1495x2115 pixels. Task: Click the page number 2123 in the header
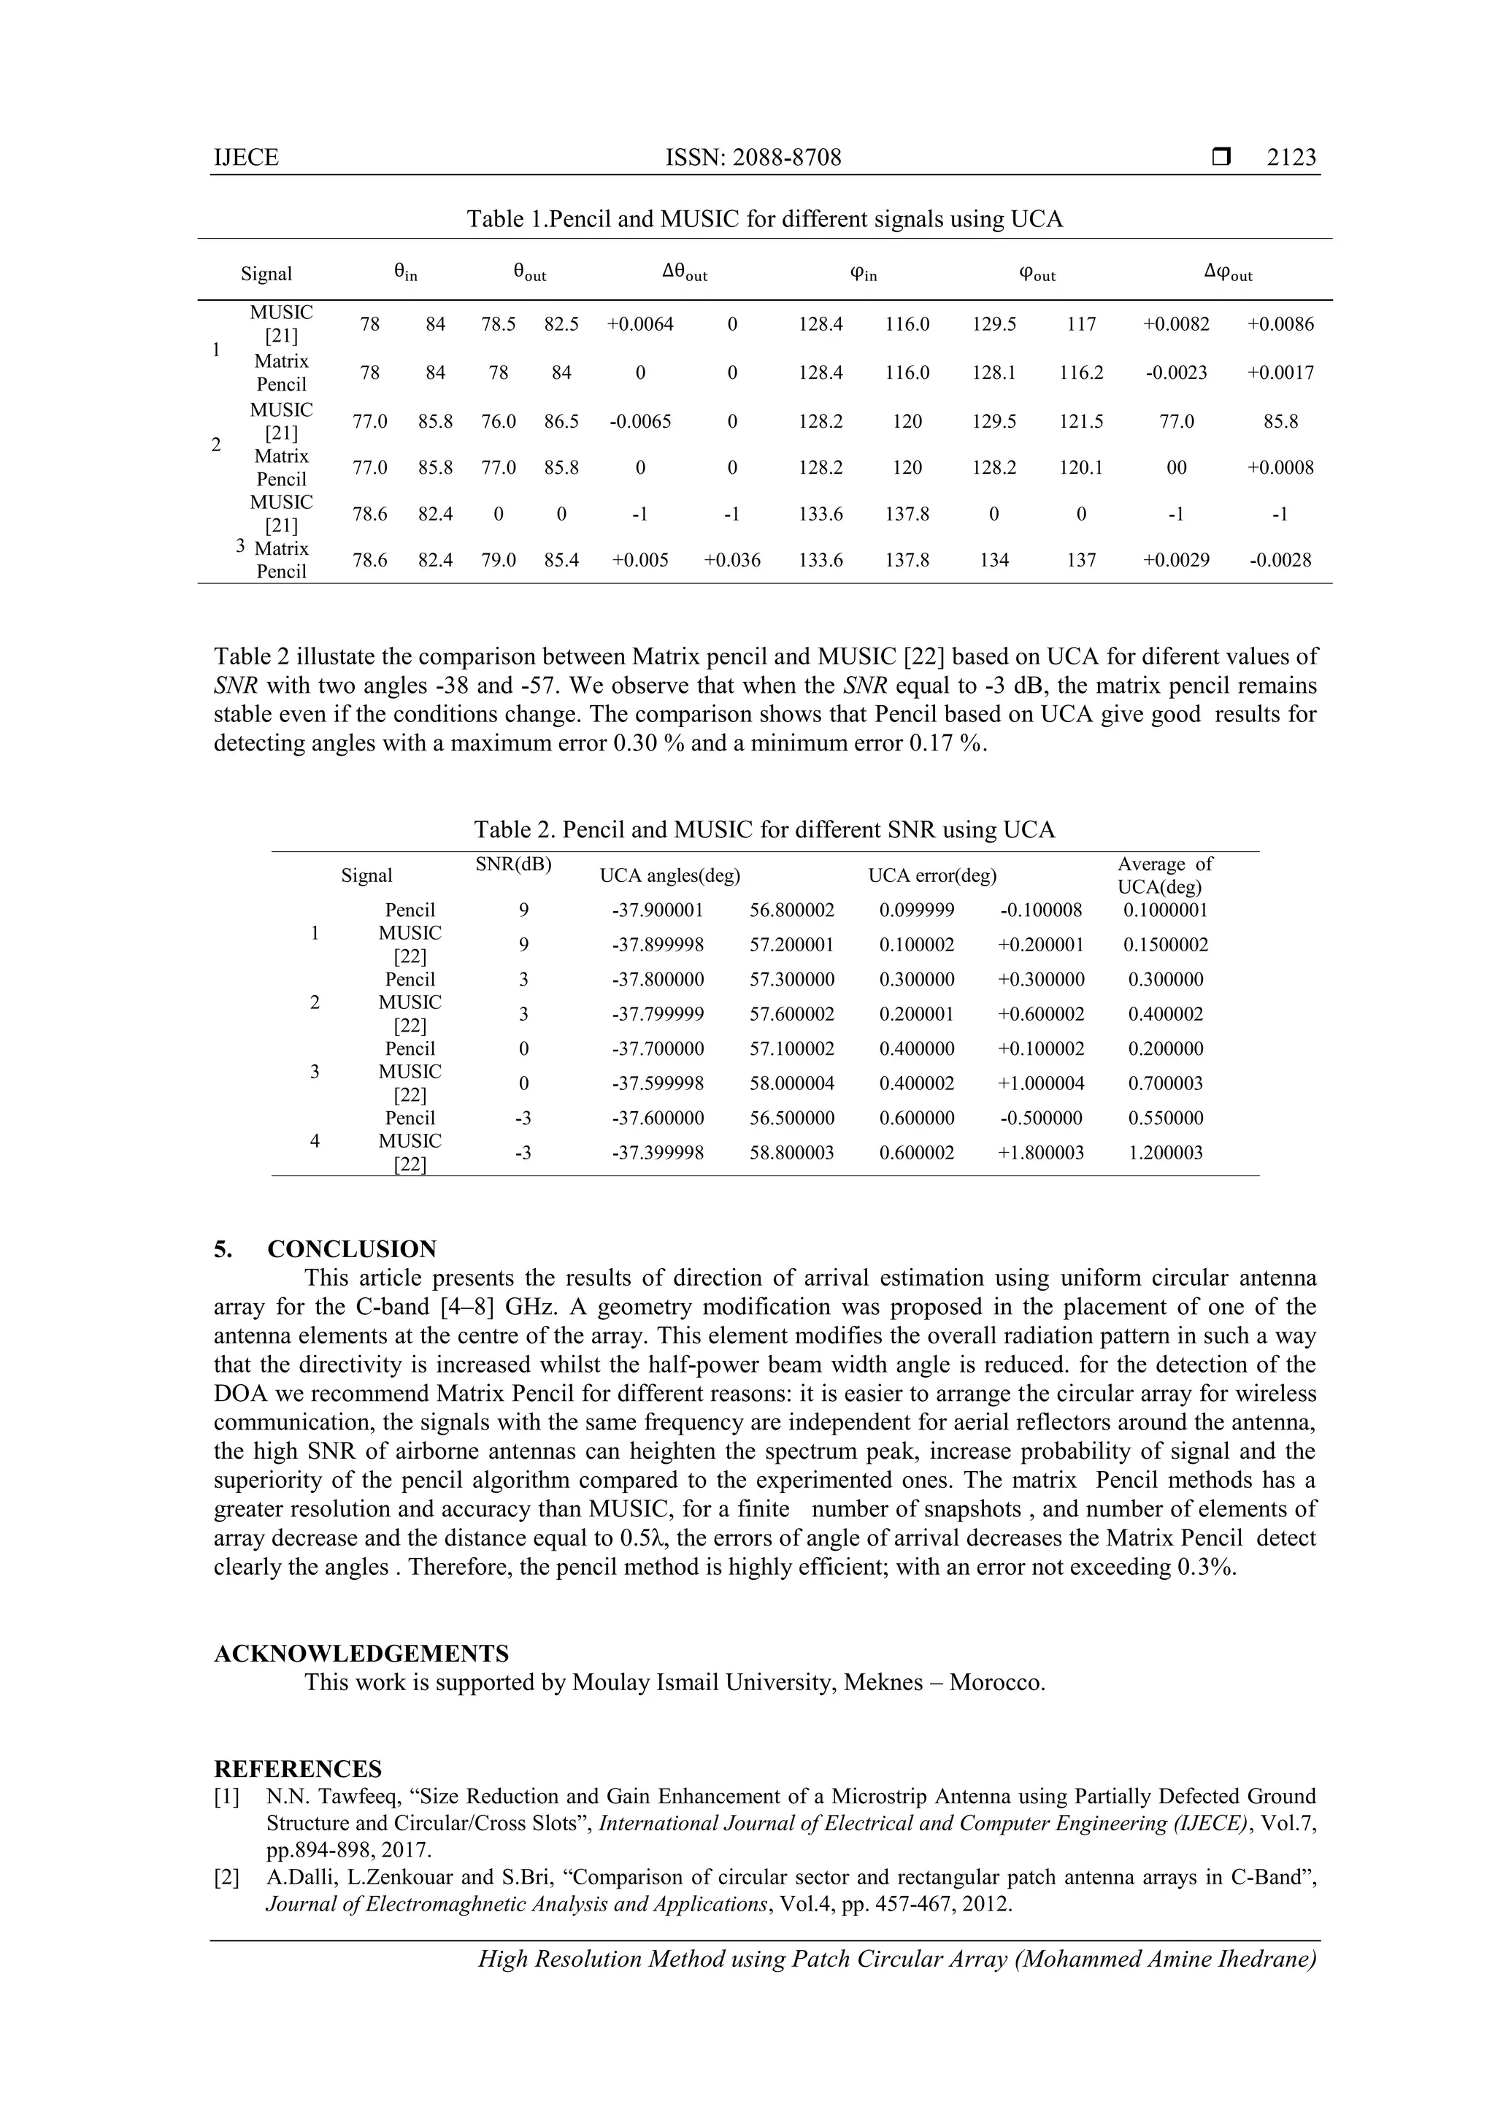[1291, 158]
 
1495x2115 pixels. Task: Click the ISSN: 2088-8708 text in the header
[753, 158]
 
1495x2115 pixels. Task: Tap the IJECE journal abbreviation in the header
[246, 158]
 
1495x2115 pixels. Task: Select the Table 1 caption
[764, 219]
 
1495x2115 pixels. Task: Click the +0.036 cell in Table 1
[731, 560]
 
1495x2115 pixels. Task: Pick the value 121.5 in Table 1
[1080, 422]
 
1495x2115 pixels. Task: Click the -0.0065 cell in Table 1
[639, 422]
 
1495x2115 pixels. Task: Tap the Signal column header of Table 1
[266, 274]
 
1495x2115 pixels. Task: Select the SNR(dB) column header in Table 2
[513, 864]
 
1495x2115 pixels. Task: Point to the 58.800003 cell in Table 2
[791, 1152]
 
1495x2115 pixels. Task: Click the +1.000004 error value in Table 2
[1041, 1083]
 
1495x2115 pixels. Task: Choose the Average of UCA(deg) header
[1164, 875]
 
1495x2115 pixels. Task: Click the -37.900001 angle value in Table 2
[658, 910]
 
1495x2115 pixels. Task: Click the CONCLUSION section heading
[352, 1249]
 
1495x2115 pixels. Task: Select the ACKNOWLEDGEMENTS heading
[361, 1654]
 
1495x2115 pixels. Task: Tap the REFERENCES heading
[298, 1770]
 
